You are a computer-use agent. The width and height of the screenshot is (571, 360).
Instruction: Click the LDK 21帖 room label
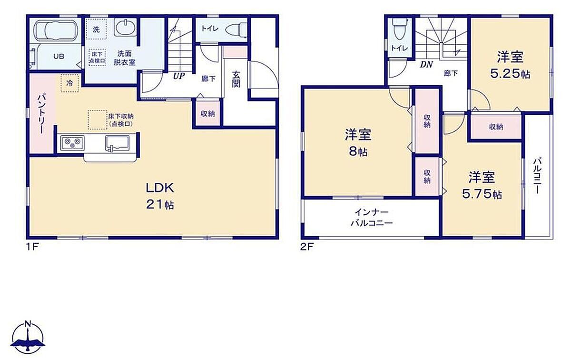[x=160, y=196]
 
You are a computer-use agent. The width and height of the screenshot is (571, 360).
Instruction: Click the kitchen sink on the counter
[x=117, y=143]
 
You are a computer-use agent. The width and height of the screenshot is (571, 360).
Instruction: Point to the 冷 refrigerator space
[x=69, y=83]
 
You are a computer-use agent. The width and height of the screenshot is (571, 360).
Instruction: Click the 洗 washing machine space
[x=96, y=30]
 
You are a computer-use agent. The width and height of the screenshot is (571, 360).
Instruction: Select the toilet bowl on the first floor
[x=236, y=30]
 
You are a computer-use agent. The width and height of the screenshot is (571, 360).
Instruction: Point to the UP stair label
[x=179, y=76]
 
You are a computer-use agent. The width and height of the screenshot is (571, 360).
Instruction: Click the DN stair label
[x=426, y=65]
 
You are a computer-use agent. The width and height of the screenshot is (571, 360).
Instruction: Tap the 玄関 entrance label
[x=236, y=79]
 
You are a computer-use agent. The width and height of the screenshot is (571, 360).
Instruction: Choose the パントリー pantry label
[x=41, y=114]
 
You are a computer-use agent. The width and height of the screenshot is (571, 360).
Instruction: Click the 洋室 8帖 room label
[x=358, y=143]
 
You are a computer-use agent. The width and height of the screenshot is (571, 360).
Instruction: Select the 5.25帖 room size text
[x=510, y=74]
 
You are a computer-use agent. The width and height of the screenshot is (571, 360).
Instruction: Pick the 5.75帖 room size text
[x=482, y=195]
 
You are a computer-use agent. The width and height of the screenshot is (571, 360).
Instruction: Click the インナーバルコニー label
[x=372, y=218]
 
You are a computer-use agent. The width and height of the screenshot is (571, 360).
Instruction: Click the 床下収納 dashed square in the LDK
[x=98, y=120]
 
